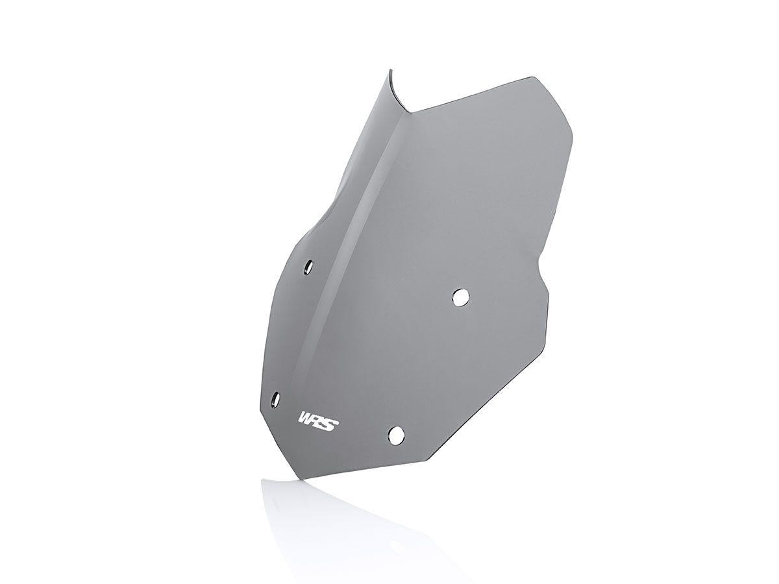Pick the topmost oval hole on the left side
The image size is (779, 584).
coord(309,266)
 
